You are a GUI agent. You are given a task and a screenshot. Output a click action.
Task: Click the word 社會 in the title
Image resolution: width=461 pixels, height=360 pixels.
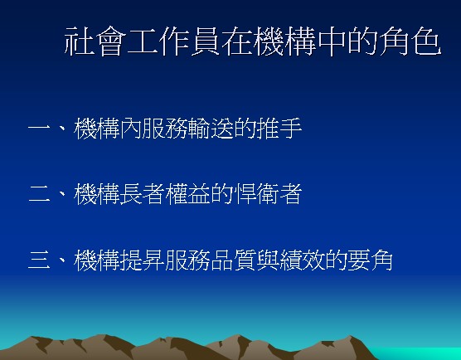[95, 41]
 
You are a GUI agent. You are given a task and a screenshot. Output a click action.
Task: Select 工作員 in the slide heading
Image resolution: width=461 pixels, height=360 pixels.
[174, 41]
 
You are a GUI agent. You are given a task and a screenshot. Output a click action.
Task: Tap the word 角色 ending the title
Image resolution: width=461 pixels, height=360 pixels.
[410, 41]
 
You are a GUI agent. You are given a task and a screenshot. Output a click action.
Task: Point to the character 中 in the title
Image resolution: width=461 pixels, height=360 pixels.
[332, 41]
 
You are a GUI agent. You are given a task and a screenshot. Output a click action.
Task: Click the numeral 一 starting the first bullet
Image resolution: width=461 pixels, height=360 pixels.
[39, 129]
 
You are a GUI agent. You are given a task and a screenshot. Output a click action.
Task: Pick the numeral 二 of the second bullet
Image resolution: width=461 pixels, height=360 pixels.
[39, 194]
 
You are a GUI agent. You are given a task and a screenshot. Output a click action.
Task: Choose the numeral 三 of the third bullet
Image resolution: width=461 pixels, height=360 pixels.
[39, 260]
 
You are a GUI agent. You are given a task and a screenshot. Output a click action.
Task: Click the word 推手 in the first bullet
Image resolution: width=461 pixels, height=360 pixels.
[279, 129]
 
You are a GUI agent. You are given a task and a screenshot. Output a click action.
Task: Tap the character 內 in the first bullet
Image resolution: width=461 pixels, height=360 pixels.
[131, 129]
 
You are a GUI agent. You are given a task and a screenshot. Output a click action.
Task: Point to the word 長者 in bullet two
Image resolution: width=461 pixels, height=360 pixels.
[143, 194]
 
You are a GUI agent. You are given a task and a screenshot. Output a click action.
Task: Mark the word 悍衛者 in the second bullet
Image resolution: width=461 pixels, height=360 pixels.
[268, 194]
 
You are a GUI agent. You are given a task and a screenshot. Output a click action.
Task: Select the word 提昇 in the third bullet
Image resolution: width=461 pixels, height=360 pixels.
[143, 260]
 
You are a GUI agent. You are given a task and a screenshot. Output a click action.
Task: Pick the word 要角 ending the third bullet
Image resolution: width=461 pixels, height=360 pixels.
[370, 260]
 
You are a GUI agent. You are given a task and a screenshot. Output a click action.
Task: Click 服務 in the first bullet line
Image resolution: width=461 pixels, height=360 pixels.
[165, 129]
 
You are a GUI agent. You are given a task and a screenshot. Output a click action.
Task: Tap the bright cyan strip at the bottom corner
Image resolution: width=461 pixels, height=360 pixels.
[418, 353]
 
